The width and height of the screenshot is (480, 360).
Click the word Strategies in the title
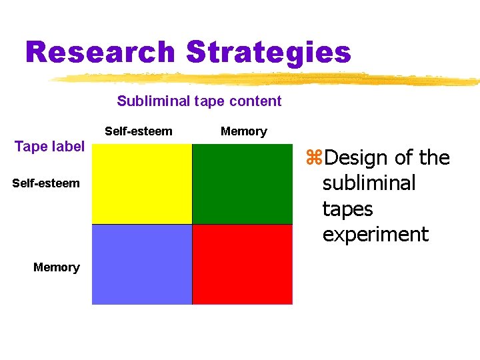[x=269, y=51]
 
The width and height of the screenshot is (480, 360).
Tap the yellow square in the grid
[x=142, y=184]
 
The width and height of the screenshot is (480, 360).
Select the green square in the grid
[x=242, y=184]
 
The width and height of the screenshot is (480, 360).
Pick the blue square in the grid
[x=142, y=264]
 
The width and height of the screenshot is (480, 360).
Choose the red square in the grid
[x=242, y=264]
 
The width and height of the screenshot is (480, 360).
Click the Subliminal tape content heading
[x=199, y=101]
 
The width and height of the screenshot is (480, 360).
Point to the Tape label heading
[x=49, y=147]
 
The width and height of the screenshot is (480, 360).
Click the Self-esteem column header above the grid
[x=138, y=131]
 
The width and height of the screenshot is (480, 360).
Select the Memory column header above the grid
[x=243, y=131]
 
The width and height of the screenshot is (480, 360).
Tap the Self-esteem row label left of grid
[x=45, y=183]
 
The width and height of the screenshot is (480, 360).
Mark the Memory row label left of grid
[x=56, y=267]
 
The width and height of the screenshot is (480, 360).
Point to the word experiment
[x=375, y=235]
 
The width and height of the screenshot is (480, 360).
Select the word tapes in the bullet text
[x=347, y=209]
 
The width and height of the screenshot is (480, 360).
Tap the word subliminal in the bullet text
[x=369, y=183]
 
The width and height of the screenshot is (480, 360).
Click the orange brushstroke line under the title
[x=267, y=80]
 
